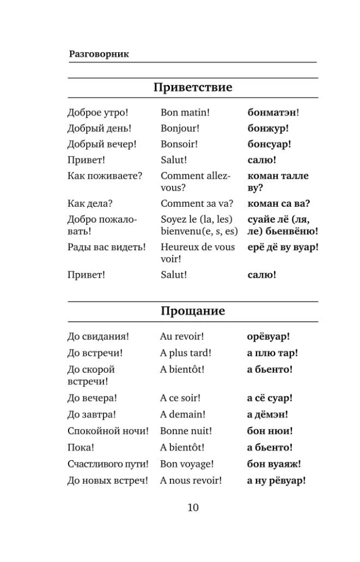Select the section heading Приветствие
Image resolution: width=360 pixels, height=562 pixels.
tap(192, 88)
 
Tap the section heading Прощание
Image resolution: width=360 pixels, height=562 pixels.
tap(192, 311)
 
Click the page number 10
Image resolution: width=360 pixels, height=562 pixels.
tap(192, 508)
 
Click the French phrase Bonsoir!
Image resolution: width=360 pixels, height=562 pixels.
tap(179, 144)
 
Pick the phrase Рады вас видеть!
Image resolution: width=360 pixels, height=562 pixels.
tap(106, 247)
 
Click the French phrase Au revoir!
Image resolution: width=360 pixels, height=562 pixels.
tap(182, 337)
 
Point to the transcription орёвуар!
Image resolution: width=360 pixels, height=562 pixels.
tap(268, 337)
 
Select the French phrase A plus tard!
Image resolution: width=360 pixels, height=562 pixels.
tap(186, 353)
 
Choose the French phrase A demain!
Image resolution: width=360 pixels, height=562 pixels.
tap(182, 415)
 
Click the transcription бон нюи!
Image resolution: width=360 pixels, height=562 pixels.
tap(269, 431)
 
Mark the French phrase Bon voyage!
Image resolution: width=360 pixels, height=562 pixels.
tap(187, 464)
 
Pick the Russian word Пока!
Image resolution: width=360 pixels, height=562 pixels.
tap(81, 448)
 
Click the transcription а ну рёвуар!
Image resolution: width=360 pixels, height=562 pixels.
tap(276, 481)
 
